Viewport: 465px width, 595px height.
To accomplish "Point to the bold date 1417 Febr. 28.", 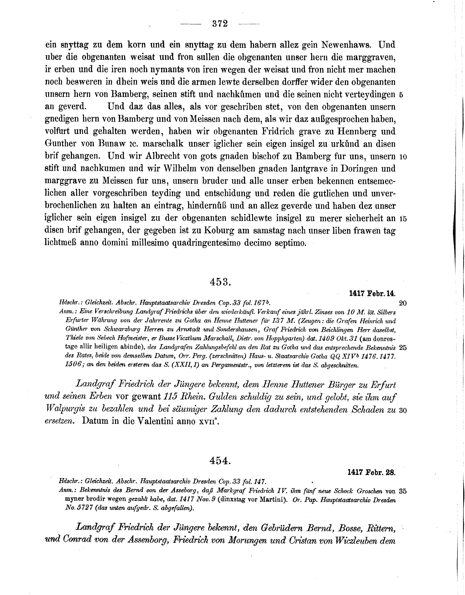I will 372,473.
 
